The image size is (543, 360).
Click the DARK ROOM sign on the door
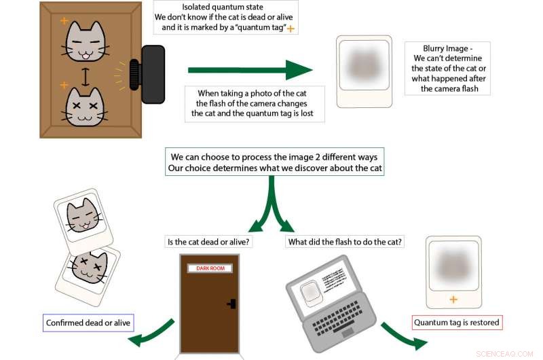tap(210, 268)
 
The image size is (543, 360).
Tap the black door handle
tap(231, 304)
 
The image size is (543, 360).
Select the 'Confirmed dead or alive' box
tap(88, 323)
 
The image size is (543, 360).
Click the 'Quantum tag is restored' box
tap(457, 322)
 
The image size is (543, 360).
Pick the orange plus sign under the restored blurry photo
tap(453, 300)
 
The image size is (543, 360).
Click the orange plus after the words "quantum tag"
tap(291, 29)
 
